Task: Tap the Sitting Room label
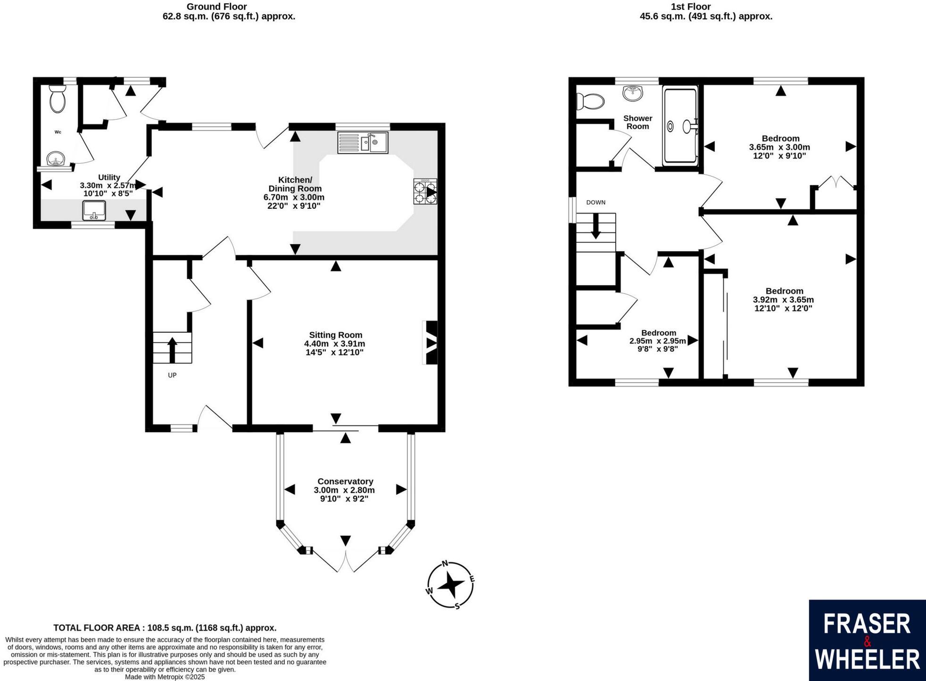coord(335,335)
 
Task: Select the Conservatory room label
coord(345,481)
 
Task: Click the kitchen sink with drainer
coord(363,142)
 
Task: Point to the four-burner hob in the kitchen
coord(425,191)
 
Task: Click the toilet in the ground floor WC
coord(58,98)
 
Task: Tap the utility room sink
coord(94,210)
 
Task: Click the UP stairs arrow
coord(172,349)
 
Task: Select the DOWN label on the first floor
coord(595,203)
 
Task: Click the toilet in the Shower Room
coord(591,101)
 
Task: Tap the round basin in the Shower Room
coord(632,93)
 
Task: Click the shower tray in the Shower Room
coord(680,126)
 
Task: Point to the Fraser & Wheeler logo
coord(867,640)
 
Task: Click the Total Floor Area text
coord(165,628)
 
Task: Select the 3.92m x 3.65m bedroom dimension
coord(783,300)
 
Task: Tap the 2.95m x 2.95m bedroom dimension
coord(658,341)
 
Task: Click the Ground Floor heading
coord(216,7)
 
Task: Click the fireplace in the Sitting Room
coord(430,343)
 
